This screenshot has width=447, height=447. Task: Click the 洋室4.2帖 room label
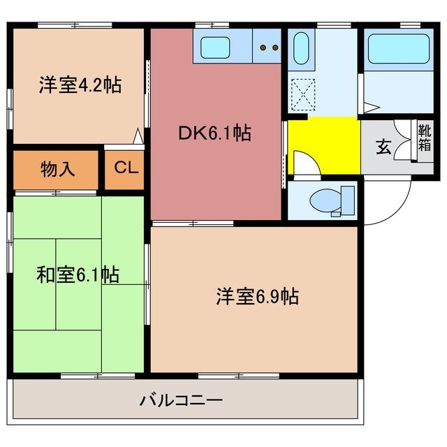[x=80, y=85]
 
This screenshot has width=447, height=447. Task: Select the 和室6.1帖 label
[x=78, y=274]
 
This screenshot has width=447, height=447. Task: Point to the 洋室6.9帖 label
[x=257, y=297]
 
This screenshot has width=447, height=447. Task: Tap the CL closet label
[x=126, y=168]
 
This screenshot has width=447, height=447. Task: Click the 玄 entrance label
[x=383, y=147]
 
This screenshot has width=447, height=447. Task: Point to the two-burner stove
[x=268, y=48]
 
